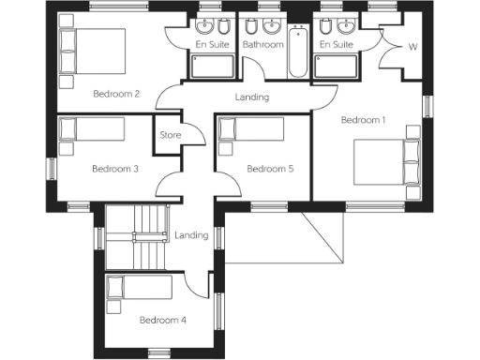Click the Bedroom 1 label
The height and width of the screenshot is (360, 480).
(x=363, y=120)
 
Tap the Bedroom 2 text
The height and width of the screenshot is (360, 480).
(x=117, y=94)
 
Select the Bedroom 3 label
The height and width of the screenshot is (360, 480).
(x=115, y=170)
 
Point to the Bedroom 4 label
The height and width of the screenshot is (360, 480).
(x=162, y=321)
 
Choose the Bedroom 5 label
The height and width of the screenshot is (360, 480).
(x=270, y=170)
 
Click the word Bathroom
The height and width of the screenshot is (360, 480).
(x=262, y=44)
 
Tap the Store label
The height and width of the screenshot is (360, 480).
(x=170, y=136)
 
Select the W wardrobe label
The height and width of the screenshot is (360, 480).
(x=412, y=47)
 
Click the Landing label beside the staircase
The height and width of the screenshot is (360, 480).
(x=191, y=235)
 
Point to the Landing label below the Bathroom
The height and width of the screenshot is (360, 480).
(x=251, y=97)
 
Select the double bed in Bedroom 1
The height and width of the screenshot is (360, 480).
(x=384, y=162)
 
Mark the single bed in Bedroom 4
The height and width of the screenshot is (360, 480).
(x=138, y=288)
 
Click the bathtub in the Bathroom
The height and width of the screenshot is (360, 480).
(x=297, y=54)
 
